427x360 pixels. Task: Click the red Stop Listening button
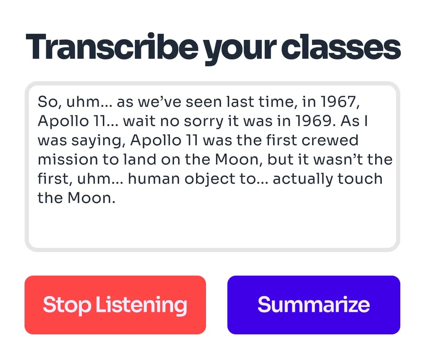[x=115, y=305]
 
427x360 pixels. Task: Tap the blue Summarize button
[x=313, y=305]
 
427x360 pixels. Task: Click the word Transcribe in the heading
[x=111, y=47]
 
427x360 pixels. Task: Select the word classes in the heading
[x=341, y=47]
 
